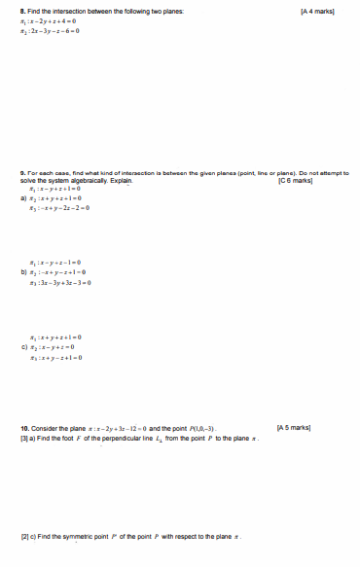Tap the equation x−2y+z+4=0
tap(59, 20)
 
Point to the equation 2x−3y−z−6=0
tap(61, 30)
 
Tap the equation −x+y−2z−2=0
tap(63, 208)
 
